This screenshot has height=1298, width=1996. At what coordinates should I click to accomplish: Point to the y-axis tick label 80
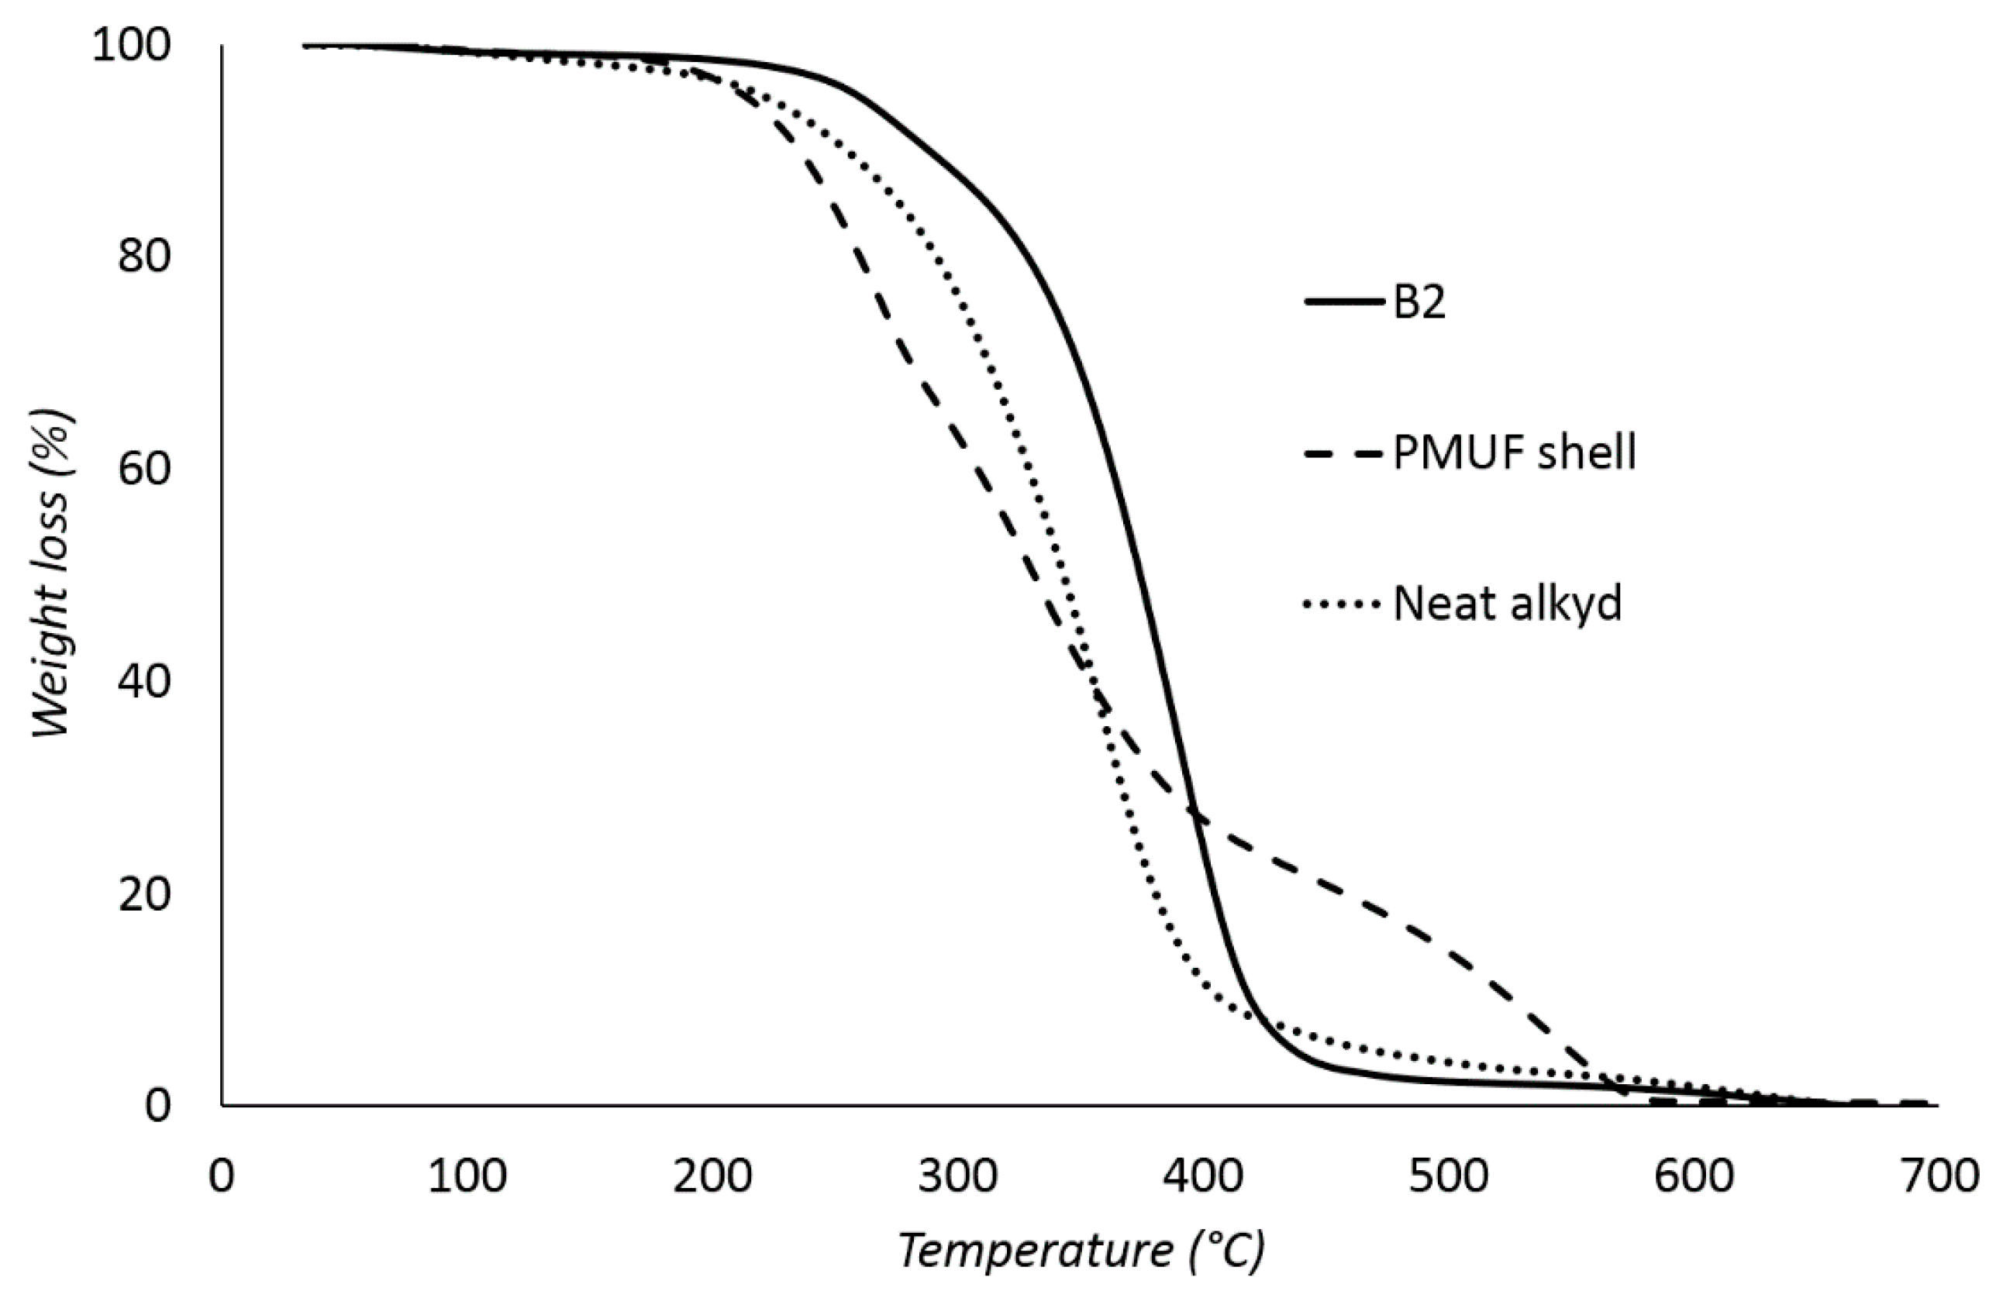click(144, 256)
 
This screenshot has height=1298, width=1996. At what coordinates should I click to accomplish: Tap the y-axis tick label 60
click(144, 468)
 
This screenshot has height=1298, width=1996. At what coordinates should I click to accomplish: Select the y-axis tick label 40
click(144, 680)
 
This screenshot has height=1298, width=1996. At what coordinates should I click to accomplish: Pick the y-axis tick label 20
click(144, 893)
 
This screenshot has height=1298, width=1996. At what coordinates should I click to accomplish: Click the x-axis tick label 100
click(467, 1176)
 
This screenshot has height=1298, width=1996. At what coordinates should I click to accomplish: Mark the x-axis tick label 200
click(712, 1176)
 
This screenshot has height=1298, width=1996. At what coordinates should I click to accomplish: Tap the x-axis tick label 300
click(958, 1176)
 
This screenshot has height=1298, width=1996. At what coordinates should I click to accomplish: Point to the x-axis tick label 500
click(1448, 1176)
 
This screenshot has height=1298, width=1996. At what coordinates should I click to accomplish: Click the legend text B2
click(1419, 303)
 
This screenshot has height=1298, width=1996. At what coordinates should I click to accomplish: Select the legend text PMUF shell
click(1515, 453)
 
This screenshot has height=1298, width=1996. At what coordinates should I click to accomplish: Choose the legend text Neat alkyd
click(1507, 604)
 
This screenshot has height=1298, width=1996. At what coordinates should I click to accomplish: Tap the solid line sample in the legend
click(1343, 301)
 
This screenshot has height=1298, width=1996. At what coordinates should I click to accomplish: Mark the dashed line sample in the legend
click(1343, 453)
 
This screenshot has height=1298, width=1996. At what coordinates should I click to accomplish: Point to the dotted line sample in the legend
click(1343, 604)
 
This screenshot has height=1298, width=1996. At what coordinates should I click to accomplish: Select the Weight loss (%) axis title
click(52, 573)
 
